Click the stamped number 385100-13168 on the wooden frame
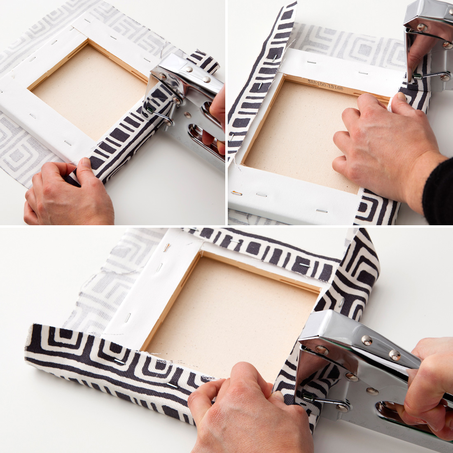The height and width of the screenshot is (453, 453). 325,85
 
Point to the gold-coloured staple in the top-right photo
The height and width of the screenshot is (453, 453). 236,193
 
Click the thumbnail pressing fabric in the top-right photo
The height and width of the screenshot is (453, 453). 399,97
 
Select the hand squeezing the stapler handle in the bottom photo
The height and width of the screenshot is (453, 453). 428,383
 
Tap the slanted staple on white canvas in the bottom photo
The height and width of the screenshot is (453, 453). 166,248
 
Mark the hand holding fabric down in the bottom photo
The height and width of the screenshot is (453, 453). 243,408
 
